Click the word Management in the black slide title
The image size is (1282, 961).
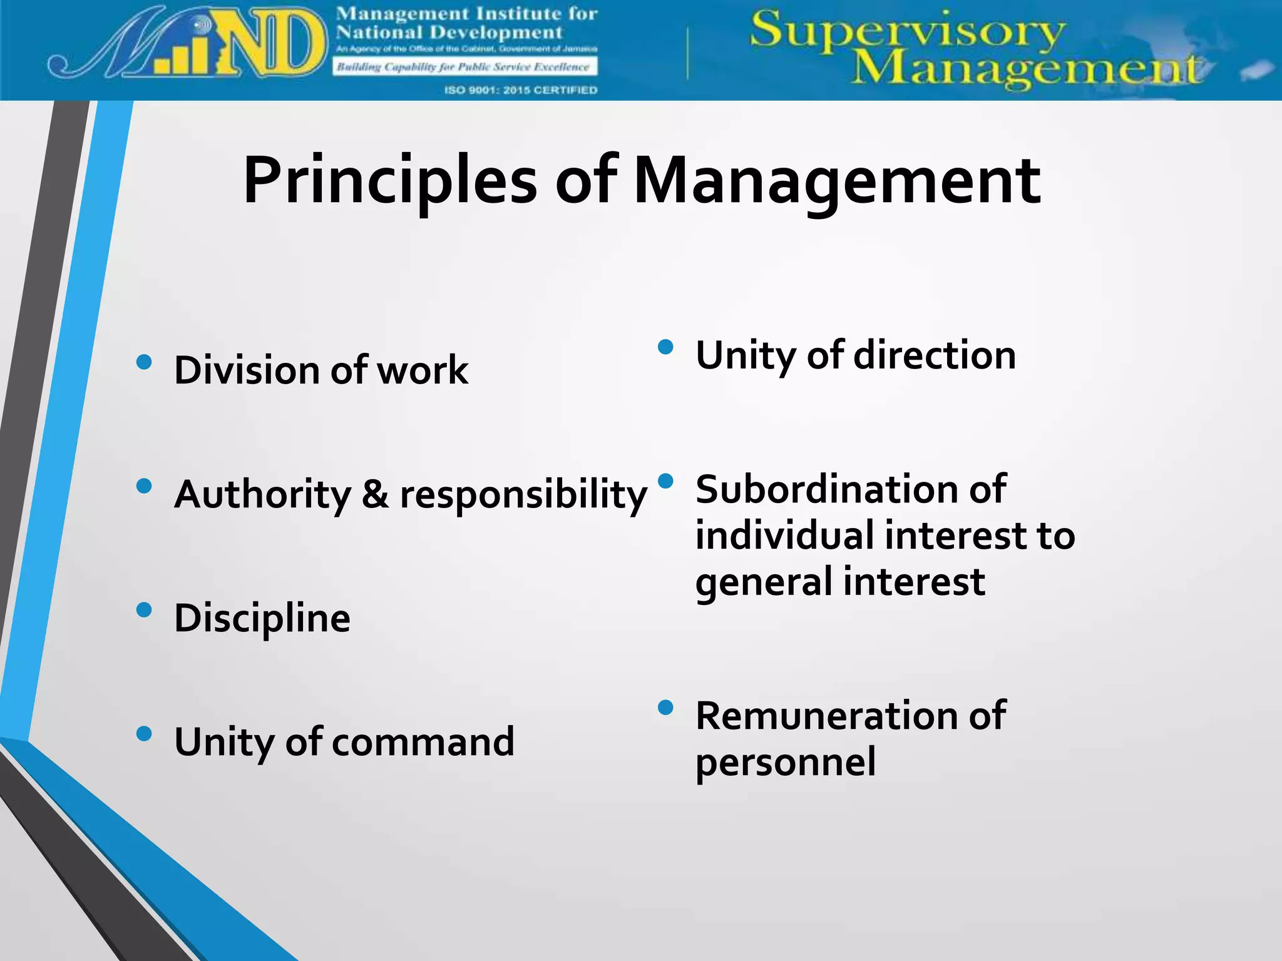pyautogui.click(x=837, y=181)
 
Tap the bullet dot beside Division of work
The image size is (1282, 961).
pyautogui.click(x=144, y=362)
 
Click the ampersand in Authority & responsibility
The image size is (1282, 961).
pyautogui.click(x=375, y=494)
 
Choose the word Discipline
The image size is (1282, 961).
pyautogui.click(x=262, y=619)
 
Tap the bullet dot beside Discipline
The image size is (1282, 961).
pyautogui.click(x=144, y=609)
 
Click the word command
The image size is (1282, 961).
pyautogui.click(x=423, y=742)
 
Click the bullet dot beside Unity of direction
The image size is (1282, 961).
pyautogui.click(x=665, y=347)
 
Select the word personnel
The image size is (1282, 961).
pyautogui.click(x=785, y=763)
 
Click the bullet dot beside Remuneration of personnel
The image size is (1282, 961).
pyautogui.click(x=665, y=708)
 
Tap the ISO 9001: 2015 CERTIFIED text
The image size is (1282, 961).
pyautogui.click(x=520, y=90)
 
